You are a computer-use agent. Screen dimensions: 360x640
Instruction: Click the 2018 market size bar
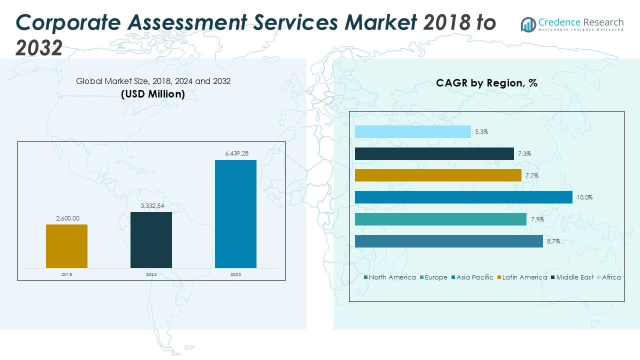point(66,246)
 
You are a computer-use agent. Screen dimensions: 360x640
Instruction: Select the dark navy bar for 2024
point(151,240)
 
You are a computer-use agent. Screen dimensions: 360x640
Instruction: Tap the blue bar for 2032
point(235,214)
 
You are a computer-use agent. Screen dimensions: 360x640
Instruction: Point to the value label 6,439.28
point(235,153)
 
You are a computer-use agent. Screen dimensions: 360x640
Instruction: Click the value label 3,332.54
point(151,205)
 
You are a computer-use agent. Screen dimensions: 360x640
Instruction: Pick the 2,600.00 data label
point(66,218)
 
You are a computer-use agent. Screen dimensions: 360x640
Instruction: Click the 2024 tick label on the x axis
point(151,274)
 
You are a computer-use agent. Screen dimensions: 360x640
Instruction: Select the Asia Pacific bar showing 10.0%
point(463,197)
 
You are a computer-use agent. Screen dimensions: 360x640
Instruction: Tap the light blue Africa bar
point(413,131)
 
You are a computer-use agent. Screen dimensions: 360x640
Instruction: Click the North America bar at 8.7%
point(448,241)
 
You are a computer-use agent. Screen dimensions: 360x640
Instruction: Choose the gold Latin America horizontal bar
point(438,175)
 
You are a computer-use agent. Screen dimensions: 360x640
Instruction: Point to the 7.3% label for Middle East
point(524,154)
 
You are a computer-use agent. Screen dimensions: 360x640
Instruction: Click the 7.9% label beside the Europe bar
point(537,219)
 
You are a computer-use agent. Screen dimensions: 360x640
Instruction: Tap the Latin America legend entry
point(524,277)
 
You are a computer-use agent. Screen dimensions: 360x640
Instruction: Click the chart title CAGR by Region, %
point(486,83)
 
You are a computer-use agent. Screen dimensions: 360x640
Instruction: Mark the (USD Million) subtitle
point(153,94)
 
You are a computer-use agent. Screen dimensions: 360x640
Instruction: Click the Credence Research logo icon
point(528,24)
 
